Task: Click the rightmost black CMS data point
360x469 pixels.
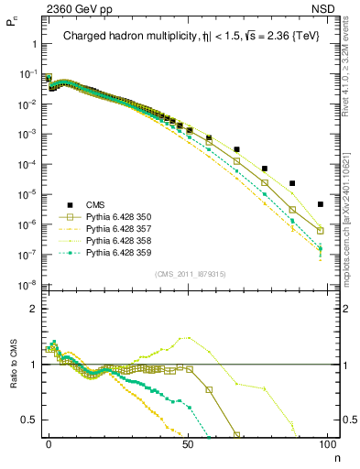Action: (x=320, y=204)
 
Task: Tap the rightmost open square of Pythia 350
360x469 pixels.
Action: (x=320, y=231)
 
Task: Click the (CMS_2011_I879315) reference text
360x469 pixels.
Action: (x=188, y=273)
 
